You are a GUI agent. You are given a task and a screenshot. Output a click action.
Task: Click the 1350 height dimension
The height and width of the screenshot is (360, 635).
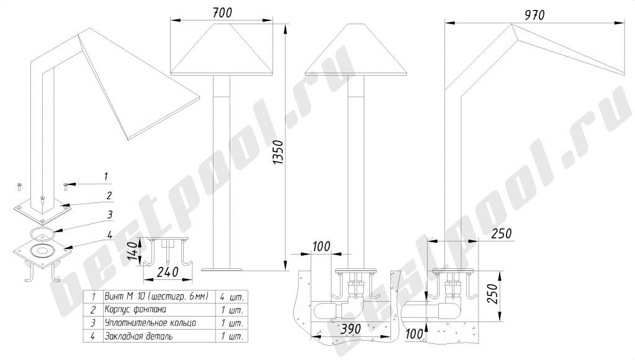tap(278, 152)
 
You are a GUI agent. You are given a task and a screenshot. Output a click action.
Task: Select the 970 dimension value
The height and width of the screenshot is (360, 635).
tap(534, 16)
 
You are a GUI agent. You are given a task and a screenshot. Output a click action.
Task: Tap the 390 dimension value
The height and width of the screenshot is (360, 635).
tap(351, 329)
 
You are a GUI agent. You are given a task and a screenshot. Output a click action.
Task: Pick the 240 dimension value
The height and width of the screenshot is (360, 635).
tap(168, 272)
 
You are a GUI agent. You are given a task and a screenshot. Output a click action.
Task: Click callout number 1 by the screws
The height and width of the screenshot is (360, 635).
tap(106, 176)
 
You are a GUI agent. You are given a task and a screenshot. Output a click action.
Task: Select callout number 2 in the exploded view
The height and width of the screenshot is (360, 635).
tap(109, 196)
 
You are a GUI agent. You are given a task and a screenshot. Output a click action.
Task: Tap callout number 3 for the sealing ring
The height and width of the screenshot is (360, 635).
tap(110, 215)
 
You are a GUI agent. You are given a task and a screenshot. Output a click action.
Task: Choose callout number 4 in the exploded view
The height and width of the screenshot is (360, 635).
tap(110, 235)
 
